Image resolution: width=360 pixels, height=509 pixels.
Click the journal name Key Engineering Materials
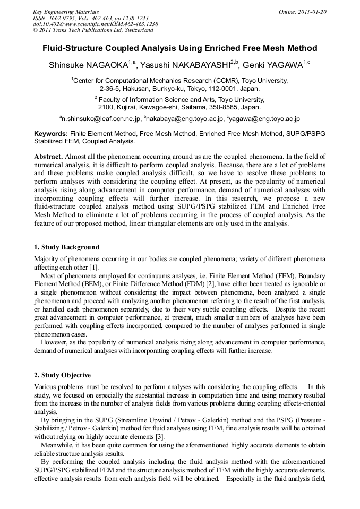coord(66,12)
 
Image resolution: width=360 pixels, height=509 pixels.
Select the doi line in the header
coord(95,24)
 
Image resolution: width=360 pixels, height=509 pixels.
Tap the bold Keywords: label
coord(51,134)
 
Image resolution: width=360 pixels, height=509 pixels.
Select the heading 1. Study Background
coord(66,247)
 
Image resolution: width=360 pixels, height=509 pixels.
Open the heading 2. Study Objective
coord(62,375)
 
